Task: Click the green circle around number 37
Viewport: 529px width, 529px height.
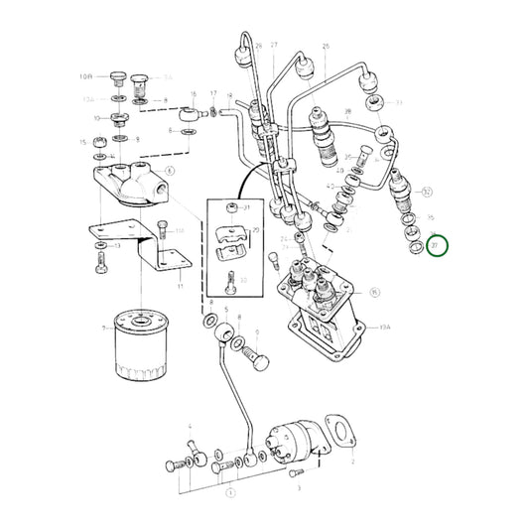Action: (438, 245)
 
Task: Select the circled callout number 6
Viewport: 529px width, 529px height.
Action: (170, 171)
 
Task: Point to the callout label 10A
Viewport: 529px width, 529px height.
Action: (85, 75)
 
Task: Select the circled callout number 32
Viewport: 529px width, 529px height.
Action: (428, 191)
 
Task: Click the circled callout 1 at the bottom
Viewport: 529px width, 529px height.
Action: (229, 491)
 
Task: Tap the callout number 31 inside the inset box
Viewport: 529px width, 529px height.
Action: (247, 206)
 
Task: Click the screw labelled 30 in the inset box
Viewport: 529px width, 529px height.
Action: (229, 281)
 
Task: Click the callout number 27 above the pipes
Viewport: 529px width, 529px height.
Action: (274, 46)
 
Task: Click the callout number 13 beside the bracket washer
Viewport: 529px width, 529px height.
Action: (117, 246)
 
